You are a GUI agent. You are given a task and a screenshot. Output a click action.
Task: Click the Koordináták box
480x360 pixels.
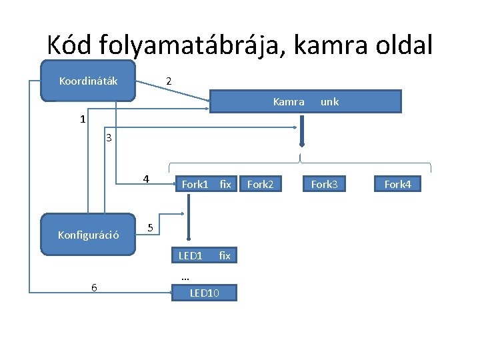click(x=89, y=81)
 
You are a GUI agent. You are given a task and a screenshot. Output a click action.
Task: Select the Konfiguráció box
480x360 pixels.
click(x=89, y=235)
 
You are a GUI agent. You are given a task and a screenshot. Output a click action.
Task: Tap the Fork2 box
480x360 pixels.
click(x=261, y=184)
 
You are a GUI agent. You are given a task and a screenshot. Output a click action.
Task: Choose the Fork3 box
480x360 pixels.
click(x=325, y=184)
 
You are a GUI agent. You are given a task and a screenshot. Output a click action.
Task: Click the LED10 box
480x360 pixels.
click(x=204, y=292)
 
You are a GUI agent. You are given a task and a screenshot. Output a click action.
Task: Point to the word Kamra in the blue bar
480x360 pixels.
click(x=289, y=102)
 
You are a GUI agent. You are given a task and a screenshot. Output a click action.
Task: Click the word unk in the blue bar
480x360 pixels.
click(x=329, y=102)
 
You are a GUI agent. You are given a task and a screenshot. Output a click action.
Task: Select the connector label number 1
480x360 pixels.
click(x=82, y=120)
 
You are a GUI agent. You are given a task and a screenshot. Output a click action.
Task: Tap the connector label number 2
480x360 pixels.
click(x=169, y=81)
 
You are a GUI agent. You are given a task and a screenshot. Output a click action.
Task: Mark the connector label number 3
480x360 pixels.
click(x=109, y=139)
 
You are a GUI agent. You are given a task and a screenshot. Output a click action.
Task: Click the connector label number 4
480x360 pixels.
click(x=146, y=179)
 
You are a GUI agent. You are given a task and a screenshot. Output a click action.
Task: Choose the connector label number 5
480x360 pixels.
click(x=151, y=228)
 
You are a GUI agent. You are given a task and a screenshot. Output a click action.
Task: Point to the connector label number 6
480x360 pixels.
click(x=94, y=287)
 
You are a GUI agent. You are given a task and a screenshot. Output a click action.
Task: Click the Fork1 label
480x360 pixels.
click(x=195, y=184)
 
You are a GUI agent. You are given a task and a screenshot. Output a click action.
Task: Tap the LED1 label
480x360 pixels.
click(x=191, y=255)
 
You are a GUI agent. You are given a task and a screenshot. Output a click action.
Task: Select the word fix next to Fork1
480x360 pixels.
click(x=225, y=184)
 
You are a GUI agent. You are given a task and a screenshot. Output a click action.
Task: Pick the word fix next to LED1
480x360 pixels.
click(x=225, y=255)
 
